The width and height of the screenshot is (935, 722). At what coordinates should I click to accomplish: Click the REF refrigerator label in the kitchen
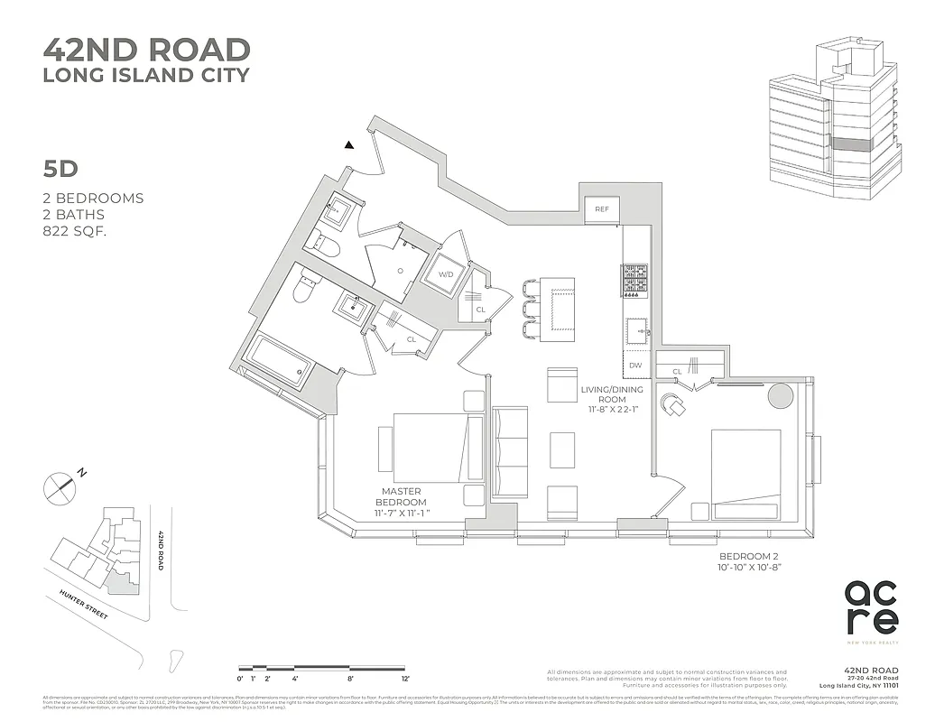point(601,209)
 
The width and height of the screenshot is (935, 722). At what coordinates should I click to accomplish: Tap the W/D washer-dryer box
point(445,274)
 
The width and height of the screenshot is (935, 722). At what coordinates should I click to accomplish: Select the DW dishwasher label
point(635,365)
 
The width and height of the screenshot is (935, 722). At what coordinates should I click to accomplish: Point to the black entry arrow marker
point(349,143)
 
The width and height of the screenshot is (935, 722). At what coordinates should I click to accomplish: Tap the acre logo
point(871,606)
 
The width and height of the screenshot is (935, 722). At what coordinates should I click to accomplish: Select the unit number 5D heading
point(61,168)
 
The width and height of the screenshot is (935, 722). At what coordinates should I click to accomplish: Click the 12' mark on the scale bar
point(405,678)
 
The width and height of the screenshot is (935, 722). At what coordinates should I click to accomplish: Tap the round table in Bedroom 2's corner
point(781,395)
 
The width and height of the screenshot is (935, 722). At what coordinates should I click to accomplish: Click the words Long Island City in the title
point(146,75)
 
